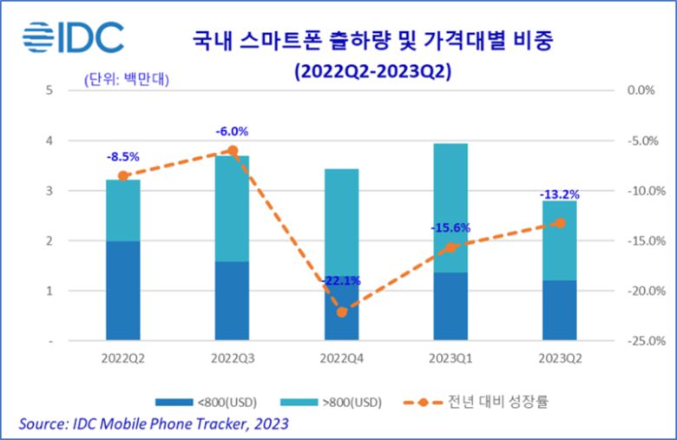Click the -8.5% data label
pos(122,158)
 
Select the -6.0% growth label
pos(232,132)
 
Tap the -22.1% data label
pos(341,281)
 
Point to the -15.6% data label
pos(450,228)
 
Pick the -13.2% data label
pos(559,194)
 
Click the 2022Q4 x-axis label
pos(341,358)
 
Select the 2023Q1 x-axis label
pos(450,358)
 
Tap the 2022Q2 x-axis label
pos(122,358)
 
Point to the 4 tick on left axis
pos(50,141)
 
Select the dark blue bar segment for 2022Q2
pos(122,291)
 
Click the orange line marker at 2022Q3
pos(232,150)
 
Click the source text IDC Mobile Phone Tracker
pos(148,424)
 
